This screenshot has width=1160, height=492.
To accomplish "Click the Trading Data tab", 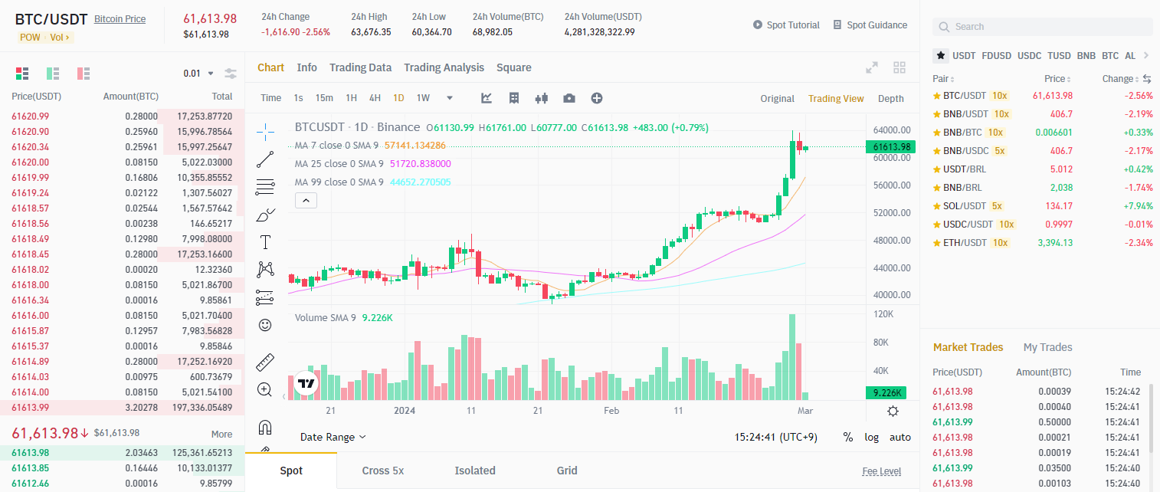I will [x=360, y=67].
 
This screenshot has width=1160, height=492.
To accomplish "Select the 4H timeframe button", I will [x=375, y=98].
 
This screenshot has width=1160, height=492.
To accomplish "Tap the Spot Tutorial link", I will [x=786, y=25].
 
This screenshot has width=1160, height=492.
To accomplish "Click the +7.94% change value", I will [x=1138, y=206].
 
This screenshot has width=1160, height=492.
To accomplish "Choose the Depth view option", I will [x=890, y=99].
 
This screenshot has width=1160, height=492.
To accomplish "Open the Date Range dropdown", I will [x=333, y=437].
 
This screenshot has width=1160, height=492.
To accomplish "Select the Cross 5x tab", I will [x=382, y=471].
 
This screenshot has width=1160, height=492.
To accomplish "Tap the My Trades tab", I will [x=1047, y=347].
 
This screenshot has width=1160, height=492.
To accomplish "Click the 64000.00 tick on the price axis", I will [x=891, y=130].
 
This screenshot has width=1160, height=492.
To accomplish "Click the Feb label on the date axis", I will [x=611, y=411].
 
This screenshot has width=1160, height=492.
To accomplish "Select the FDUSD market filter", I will [x=996, y=56].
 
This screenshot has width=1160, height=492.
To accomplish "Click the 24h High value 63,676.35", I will [x=371, y=32].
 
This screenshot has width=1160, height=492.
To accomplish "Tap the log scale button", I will [x=872, y=437].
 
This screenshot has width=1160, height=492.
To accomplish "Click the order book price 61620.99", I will [x=31, y=116].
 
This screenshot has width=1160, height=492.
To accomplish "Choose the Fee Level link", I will [x=881, y=471].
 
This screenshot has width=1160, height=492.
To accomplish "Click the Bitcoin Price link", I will [x=120, y=19].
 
